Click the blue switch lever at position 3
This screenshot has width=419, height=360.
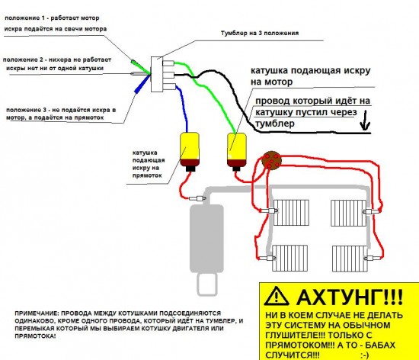(x=139, y=87)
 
